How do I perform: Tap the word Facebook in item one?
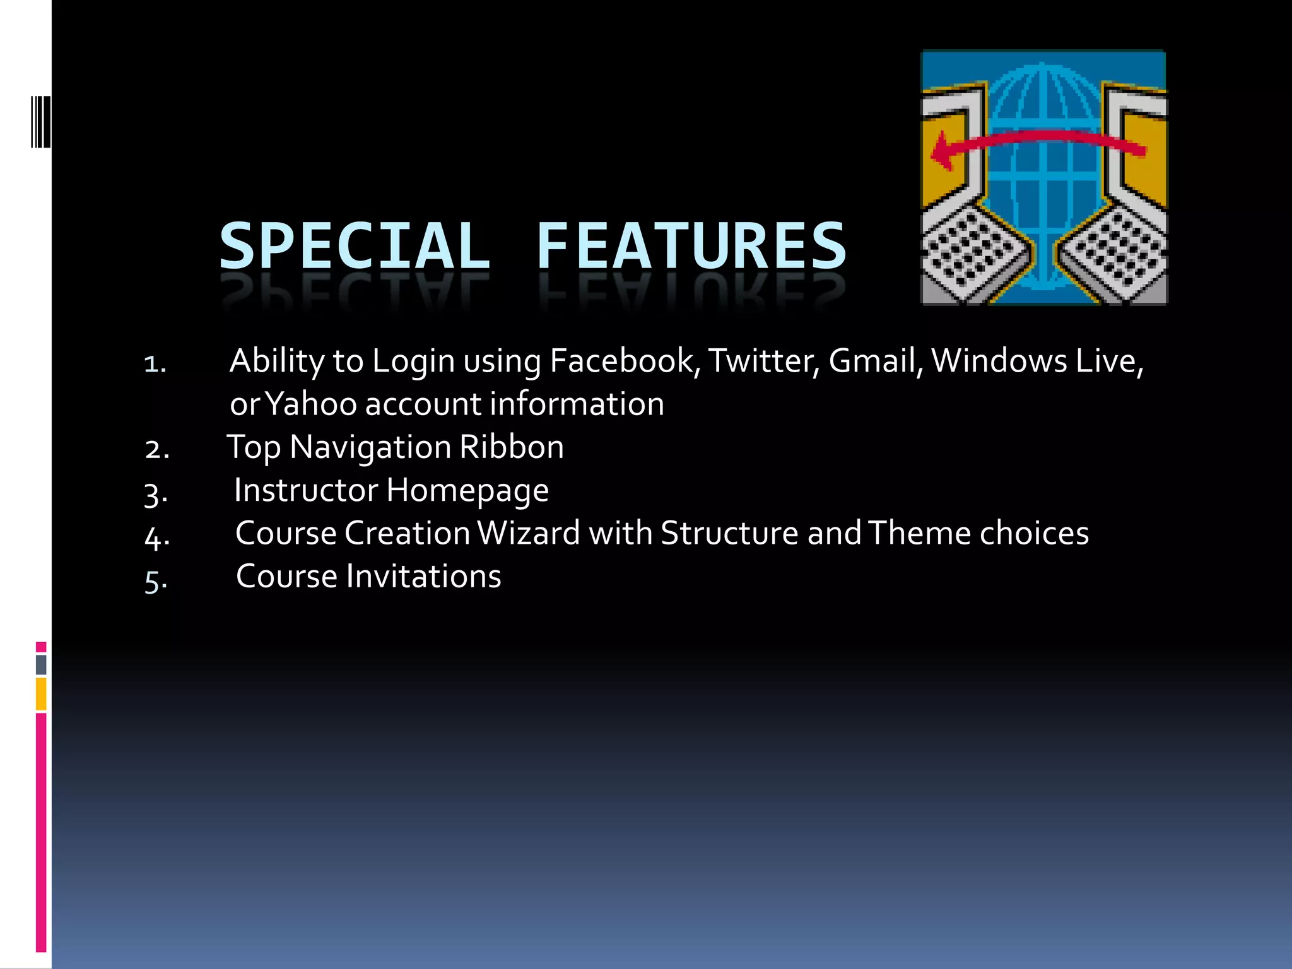click(x=621, y=361)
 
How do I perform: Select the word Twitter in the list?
click(x=763, y=361)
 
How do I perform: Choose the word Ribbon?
click(x=512, y=447)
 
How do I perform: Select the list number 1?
click(x=154, y=364)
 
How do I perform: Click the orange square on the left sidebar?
click(x=41, y=694)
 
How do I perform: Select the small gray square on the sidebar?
click(x=41, y=664)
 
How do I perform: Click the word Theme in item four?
click(x=920, y=534)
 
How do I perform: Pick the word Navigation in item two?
click(x=370, y=447)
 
